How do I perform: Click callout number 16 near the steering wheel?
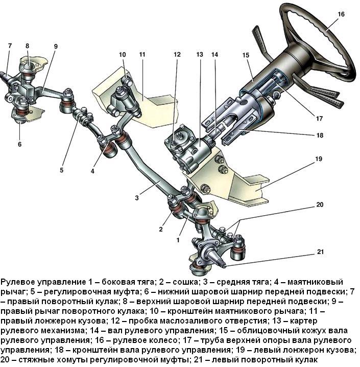coord(341,15)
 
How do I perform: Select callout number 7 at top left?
coord(9,46)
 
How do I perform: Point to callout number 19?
coord(319,159)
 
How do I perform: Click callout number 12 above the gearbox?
coord(177,54)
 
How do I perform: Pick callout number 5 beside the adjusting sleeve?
coord(61,170)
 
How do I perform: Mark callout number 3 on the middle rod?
coord(137,197)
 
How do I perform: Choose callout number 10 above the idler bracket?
coord(122,54)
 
